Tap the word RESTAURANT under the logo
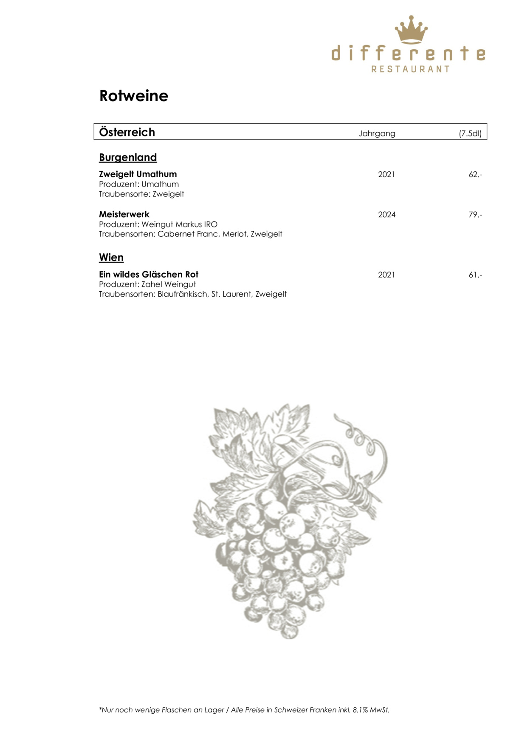point(410,69)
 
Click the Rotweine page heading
point(134,96)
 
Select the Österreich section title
point(127,132)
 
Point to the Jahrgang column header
point(377,133)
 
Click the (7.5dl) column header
point(470,133)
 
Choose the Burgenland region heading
point(128,158)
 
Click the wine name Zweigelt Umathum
point(138,174)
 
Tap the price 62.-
point(475,175)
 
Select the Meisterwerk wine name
point(124,214)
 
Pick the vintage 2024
point(386,215)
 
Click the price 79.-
point(475,215)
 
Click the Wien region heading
point(111,258)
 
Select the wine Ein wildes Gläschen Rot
point(149,275)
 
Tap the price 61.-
point(475,275)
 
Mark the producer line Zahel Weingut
point(147,284)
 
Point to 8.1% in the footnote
point(361,710)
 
